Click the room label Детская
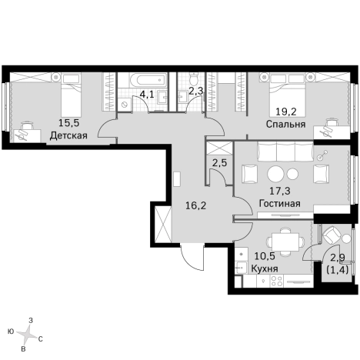[x=68, y=135]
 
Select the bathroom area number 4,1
[x=146, y=96]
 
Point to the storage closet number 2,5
[x=219, y=162]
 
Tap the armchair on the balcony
[x=333, y=235]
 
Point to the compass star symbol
[x=25, y=334]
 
